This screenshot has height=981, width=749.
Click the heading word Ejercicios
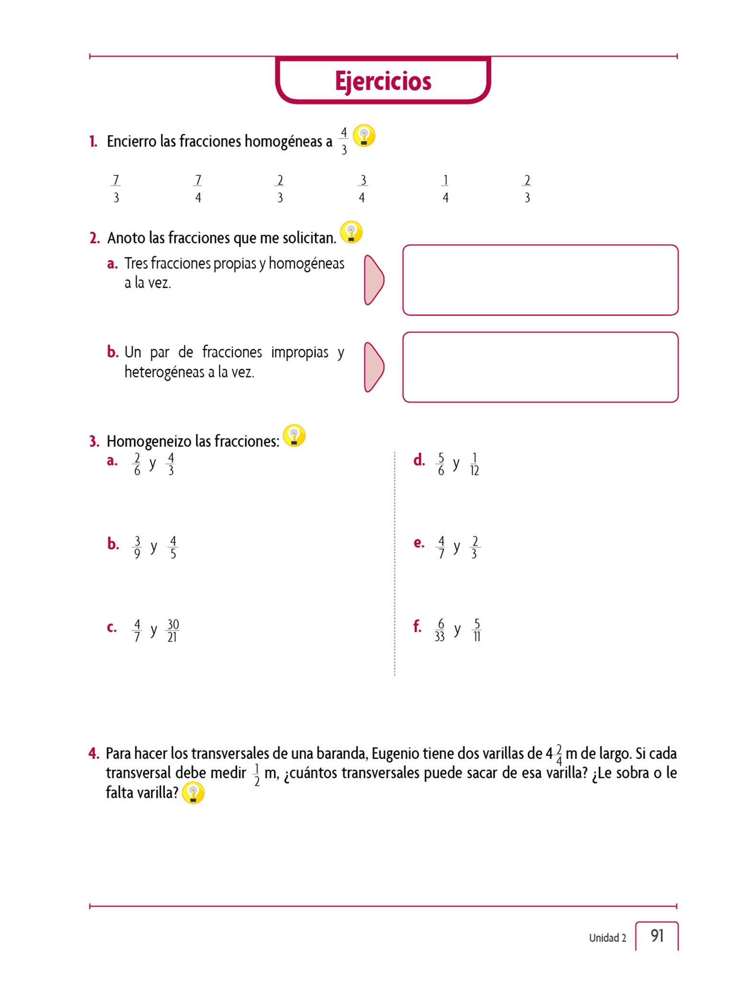pyautogui.click(x=383, y=81)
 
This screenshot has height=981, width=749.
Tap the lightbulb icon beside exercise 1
pyautogui.click(x=364, y=136)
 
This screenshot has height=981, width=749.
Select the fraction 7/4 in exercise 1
pyautogui.click(x=198, y=189)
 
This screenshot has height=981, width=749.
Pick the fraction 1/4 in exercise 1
pyautogui.click(x=445, y=189)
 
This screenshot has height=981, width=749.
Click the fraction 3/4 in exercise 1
pyautogui.click(x=363, y=189)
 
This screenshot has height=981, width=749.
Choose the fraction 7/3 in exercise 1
pyautogui.click(x=116, y=189)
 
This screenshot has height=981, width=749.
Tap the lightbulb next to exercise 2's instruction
pyautogui.click(x=351, y=232)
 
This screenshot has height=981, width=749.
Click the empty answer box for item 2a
pyautogui.click(x=540, y=280)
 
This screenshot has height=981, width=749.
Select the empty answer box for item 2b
pyautogui.click(x=540, y=367)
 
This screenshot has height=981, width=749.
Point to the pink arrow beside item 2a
pyautogui.click(x=373, y=280)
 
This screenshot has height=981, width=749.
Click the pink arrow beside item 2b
pyautogui.click(x=373, y=367)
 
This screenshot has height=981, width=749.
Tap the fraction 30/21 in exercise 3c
pyautogui.click(x=172, y=630)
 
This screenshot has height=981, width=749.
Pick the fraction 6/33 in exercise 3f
pyautogui.click(x=440, y=630)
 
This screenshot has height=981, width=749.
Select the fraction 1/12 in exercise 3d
pyautogui.click(x=474, y=464)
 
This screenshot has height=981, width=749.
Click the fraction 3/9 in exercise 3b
pyautogui.click(x=137, y=547)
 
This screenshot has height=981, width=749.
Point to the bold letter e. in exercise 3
pyautogui.click(x=419, y=543)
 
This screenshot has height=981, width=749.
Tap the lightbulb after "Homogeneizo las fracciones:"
pyautogui.click(x=294, y=435)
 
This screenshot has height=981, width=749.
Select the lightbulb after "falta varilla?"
pyautogui.click(x=193, y=793)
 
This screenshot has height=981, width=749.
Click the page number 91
pyautogui.click(x=657, y=935)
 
